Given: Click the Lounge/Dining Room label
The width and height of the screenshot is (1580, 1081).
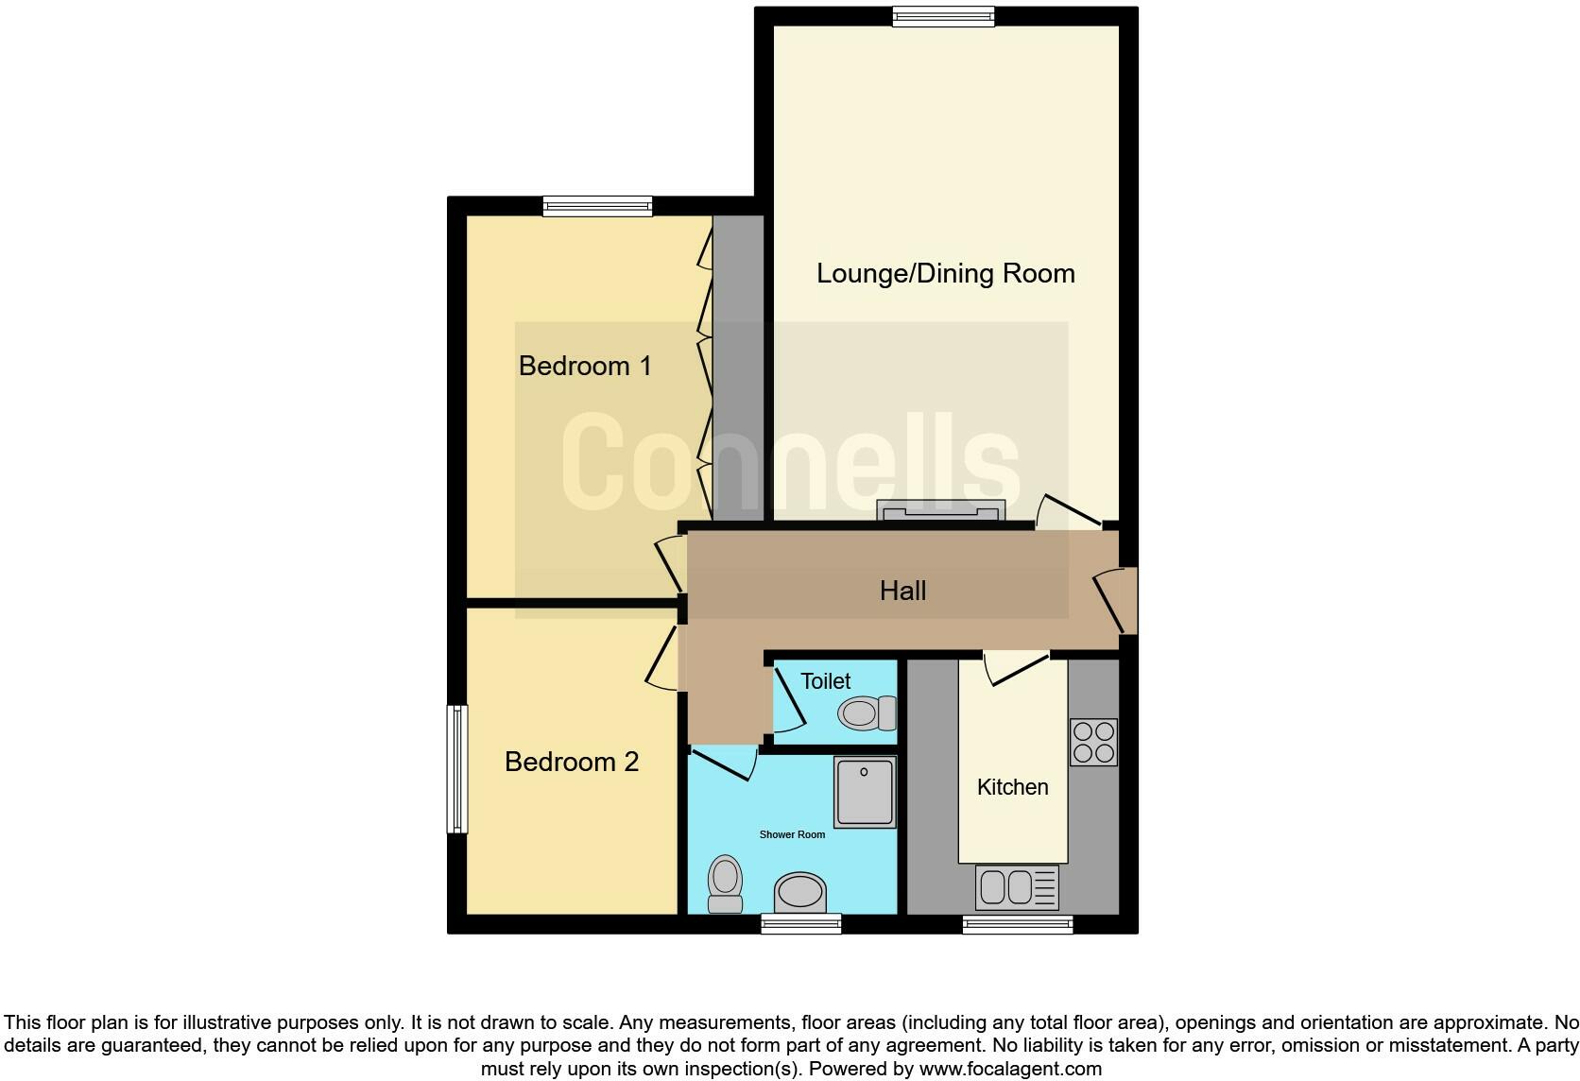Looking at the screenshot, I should pos(945,273).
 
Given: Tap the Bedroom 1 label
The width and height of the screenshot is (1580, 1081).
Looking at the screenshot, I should pos(585,366).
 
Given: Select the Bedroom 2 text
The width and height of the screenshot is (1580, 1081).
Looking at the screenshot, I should pos(572,762).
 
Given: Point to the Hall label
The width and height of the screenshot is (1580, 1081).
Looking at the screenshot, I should pos(902,592).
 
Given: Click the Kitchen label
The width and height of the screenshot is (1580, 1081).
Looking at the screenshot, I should pos(1012,787).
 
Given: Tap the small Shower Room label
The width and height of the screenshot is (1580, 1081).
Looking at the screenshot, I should pos(792,834).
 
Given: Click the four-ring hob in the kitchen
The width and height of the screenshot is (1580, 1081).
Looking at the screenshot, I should pos(1093,742).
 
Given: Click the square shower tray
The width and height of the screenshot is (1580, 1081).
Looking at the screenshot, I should pos(864,792).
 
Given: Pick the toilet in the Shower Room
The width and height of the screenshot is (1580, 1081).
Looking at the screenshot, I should pos(725,884).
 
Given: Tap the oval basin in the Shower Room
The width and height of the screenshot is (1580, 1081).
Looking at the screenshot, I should pos(799,892).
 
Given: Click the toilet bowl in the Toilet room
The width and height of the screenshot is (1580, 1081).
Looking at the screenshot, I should pos(866,712).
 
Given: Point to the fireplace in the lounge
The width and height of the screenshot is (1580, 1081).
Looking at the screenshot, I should pos(939,512).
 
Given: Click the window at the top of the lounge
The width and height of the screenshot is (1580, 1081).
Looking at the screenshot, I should pos(943,16).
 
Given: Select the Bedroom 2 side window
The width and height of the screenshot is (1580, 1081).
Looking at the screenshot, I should pos(457,768).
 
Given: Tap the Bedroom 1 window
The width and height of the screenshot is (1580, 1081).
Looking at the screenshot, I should pos(597,206).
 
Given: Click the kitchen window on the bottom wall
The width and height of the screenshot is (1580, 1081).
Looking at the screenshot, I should pos(1017,924).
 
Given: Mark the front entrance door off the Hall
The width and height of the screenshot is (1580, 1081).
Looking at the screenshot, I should pos(1120,600).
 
